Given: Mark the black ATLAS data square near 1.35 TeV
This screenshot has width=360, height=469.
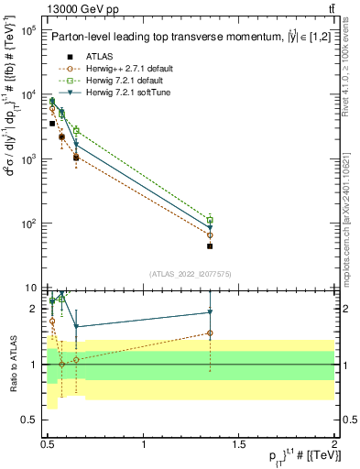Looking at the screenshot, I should tap(210, 245).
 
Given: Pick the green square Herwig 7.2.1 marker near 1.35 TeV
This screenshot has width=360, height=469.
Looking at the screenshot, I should tap(210, 221).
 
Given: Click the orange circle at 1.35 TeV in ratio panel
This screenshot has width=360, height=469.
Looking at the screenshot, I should tap(210, 333).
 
